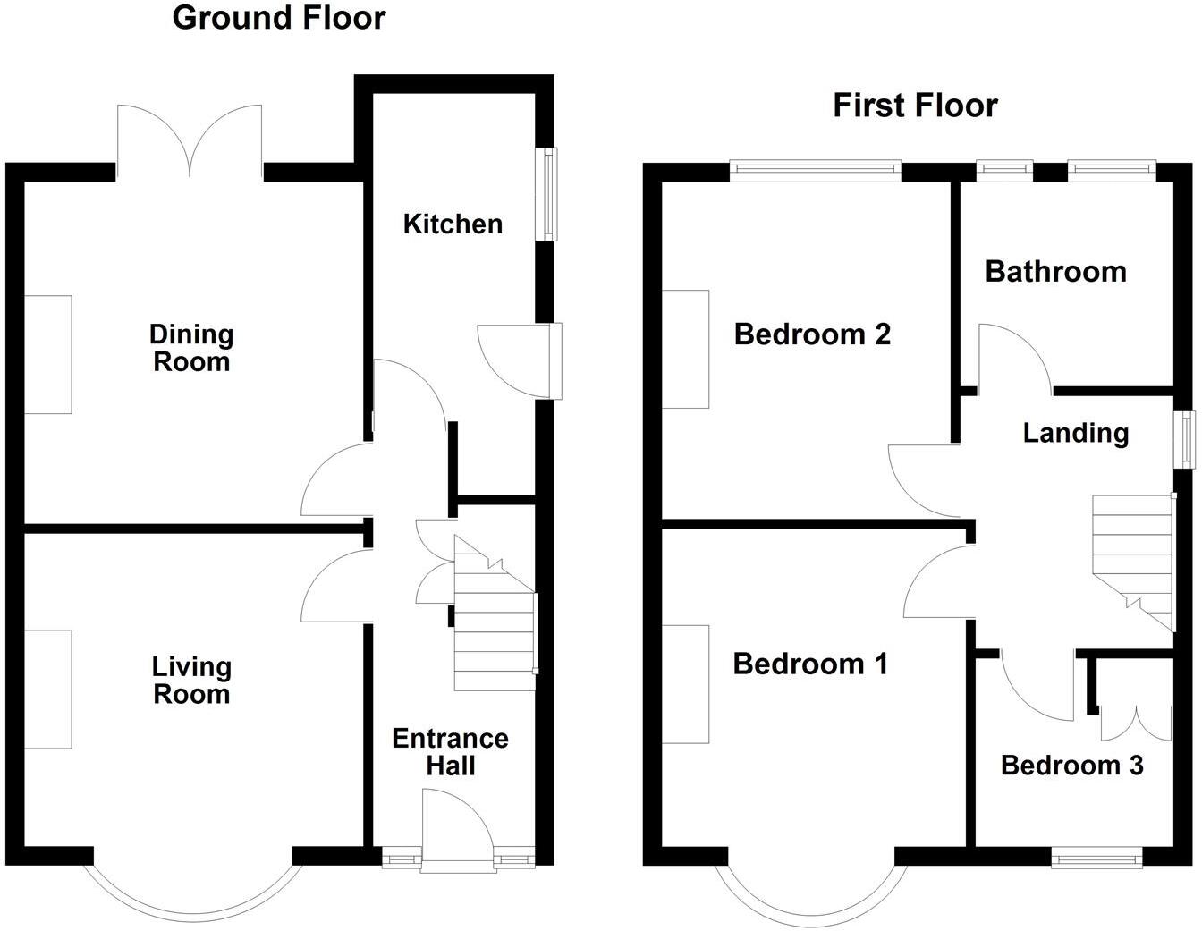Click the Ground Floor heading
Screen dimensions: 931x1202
pos(279,18)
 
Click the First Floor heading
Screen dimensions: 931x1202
pos(915,106)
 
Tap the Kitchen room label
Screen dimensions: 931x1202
pos(453,224)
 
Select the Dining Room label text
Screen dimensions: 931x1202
pos(191,348)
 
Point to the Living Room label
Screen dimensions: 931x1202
pos(191,680)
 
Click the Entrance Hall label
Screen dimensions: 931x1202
pos(450,751)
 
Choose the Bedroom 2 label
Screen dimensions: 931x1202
pos(812,334)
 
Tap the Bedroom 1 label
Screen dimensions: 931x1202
pos(810,664)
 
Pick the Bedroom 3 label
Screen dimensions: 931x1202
pos(1071,766)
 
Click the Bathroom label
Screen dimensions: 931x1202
pos(1055,271)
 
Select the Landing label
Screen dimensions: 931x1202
pos(1075,433)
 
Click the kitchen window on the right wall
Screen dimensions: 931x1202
pos(546,193)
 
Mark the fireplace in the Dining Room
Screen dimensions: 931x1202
pos(47,354)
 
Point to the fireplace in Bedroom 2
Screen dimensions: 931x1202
pos(685,349)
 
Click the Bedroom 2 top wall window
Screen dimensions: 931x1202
pos(815,170)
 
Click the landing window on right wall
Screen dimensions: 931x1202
pos(1185,439)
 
